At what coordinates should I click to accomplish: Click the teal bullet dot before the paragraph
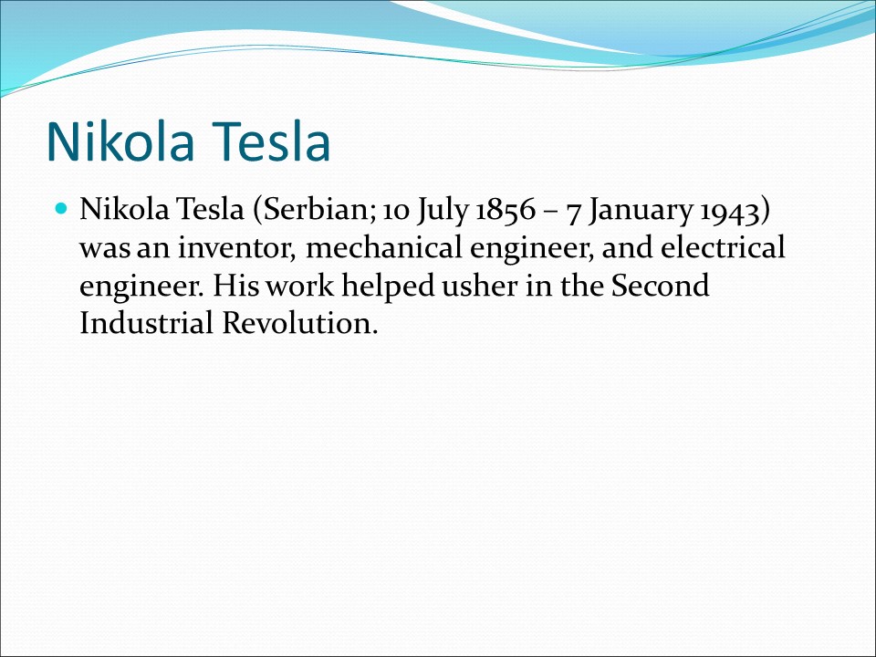(x=62, y=210)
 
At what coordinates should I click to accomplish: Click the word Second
(x=660, y=287)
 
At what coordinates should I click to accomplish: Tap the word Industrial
(x=146, y=324)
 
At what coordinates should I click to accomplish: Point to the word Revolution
(x=299, y=324)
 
